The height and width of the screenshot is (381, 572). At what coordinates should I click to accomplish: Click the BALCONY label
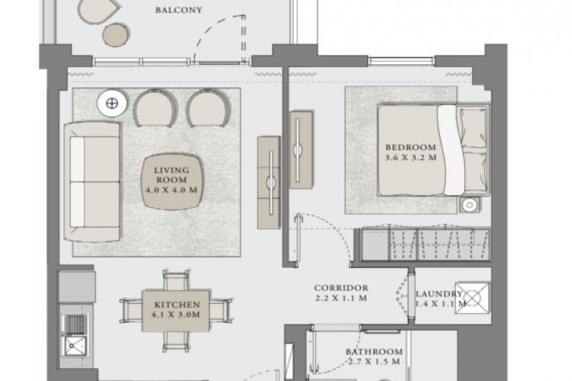tap(178, 10)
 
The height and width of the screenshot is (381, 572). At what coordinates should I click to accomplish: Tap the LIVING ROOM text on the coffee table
tap(172, 175)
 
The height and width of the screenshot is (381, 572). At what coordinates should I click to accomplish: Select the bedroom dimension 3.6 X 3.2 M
tap(410, 158)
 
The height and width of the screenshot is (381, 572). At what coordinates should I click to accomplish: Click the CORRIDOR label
tap(341, 288)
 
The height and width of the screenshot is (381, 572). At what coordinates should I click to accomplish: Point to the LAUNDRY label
tap(439, 294)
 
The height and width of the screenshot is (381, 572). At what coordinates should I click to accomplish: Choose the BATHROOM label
tap(374, 352)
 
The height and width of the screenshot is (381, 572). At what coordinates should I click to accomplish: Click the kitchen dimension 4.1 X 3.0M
tap(175, 315)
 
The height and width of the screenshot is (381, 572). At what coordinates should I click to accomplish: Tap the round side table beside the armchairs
tap(112, 104)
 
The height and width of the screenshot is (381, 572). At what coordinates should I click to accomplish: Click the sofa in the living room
tap(93, 182)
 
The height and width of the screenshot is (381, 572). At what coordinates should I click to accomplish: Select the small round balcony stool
tap(116, 34)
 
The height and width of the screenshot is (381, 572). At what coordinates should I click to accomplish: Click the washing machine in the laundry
tap(473, 298)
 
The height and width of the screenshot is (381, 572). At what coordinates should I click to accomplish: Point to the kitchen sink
tap(75, 346)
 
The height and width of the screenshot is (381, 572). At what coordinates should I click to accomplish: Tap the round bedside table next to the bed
tap(470, 205)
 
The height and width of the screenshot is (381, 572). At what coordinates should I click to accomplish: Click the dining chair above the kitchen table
tap(176, 280)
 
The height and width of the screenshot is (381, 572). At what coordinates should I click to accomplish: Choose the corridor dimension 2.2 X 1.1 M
tap(341, 298)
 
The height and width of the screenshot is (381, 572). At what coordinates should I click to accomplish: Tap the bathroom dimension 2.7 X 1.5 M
tap(374, 362)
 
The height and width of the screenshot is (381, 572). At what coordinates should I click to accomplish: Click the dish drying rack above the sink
tap(74, 324)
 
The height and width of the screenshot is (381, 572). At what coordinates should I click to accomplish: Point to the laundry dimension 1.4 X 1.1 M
tap(440, 304)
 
